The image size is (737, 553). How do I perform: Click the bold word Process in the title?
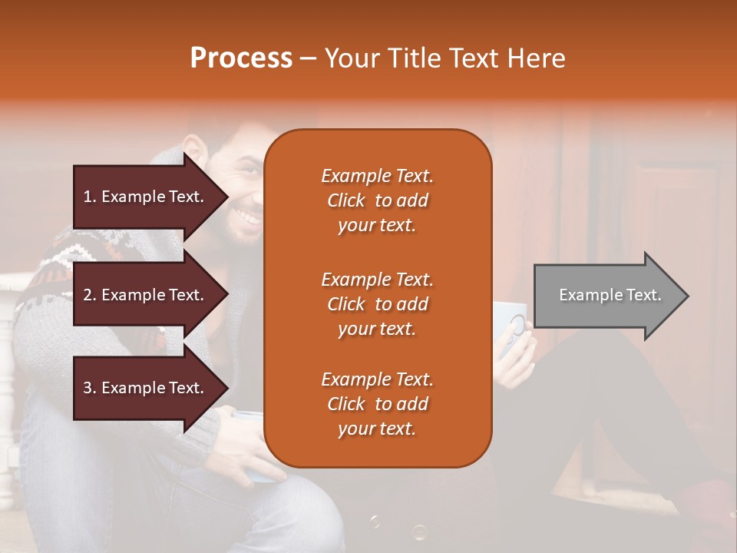(x=241, y=58)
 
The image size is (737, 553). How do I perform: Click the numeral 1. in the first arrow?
(x=90, y=197)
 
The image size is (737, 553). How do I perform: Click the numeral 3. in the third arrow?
(x=90, y=388)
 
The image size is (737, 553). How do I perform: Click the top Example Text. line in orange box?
(x=377, y=176)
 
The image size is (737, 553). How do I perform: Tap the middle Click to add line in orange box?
(x=377, y=304)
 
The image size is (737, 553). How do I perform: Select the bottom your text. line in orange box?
(x=377, y=429)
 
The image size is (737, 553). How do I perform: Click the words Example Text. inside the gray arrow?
(x=610, y=295)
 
